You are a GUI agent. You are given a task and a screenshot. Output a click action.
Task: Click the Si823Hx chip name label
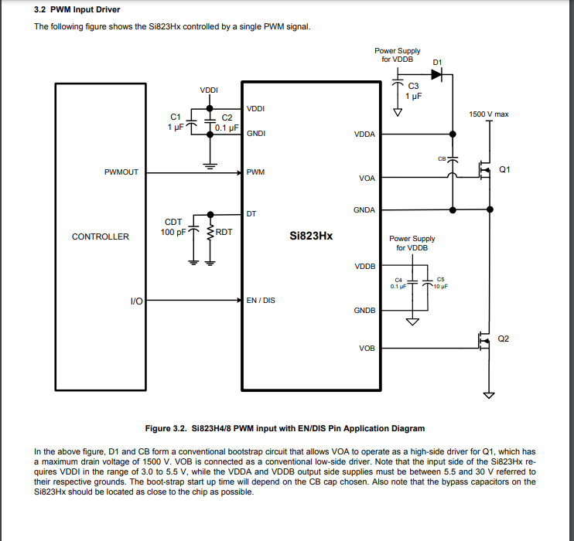311,236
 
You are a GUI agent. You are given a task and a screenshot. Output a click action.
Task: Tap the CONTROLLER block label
101,236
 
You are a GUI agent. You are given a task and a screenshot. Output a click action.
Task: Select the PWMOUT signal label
121,172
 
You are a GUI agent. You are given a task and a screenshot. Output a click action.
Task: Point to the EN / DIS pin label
261,300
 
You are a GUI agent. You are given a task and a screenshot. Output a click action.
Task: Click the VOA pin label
367,179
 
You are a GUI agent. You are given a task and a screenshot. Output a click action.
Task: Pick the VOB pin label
367,349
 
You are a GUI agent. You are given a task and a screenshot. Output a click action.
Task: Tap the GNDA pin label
364,210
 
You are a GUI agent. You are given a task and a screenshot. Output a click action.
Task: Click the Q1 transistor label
505,168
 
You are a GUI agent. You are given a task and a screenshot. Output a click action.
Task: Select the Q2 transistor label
504,339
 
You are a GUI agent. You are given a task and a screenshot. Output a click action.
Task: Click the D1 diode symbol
437,74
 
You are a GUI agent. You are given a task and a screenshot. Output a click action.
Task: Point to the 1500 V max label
489,114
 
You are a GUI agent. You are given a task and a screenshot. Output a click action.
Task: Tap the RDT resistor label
224,232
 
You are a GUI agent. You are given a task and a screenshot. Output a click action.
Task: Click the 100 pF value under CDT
173,232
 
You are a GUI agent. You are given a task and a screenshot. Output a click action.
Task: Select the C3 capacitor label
413,86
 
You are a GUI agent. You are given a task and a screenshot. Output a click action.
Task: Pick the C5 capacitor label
441,279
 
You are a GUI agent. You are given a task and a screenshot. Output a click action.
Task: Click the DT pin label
251,213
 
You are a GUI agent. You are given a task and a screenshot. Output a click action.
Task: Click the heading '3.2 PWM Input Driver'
77,10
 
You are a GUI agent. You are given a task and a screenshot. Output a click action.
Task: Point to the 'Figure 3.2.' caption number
166,428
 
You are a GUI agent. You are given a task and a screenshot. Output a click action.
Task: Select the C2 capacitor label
227,117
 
